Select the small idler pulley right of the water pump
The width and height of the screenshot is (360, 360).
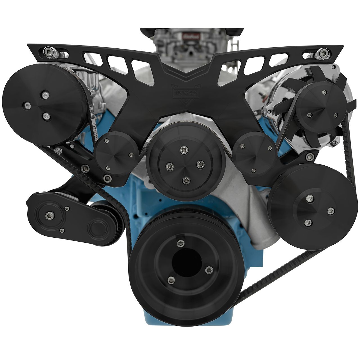(255, 153)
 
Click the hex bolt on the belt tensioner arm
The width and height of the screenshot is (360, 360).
(49, 216)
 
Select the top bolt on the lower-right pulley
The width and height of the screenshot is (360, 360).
(310, 198)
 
